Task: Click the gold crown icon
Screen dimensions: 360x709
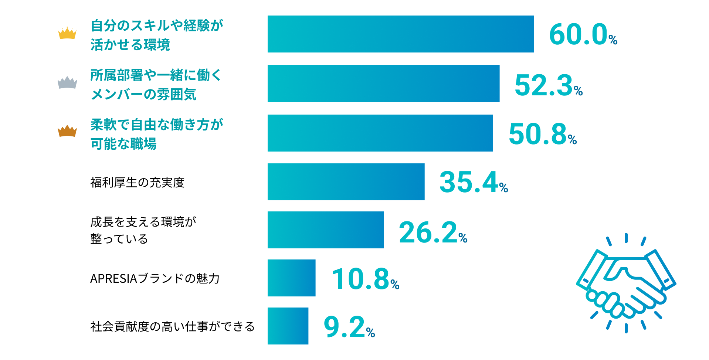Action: tap(67, 33)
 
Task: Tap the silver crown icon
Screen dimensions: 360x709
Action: tap(67, 83)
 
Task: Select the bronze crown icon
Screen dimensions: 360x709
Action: tap(67, 131)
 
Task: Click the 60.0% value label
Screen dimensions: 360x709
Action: tap(583, 35)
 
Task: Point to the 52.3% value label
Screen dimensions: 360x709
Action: tap(548, 85)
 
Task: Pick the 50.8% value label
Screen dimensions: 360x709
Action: tap(542, 134)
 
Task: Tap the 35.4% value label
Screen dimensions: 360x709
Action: tap(474, 182)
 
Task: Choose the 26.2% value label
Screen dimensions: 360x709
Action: tap(433, 232)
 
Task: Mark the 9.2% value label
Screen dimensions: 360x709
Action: tap(349, 327)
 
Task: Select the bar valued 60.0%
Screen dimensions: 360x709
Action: tap(400, 34)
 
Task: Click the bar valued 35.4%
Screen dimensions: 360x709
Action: tap(346, 182)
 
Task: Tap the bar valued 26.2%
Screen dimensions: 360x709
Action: tap(325, 230)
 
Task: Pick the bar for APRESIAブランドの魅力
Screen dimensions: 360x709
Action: tap(291, 278)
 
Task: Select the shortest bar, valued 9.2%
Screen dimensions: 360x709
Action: tap(288, 326)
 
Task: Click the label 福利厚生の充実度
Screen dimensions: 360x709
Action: tap(137, 183)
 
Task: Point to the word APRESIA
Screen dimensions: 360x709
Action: tap(113, 279)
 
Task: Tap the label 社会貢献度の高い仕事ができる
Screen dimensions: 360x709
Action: tap(172, 327)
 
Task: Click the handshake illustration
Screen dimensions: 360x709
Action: tap(626, 283)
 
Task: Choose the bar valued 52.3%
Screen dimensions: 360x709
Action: tap(383, 84)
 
